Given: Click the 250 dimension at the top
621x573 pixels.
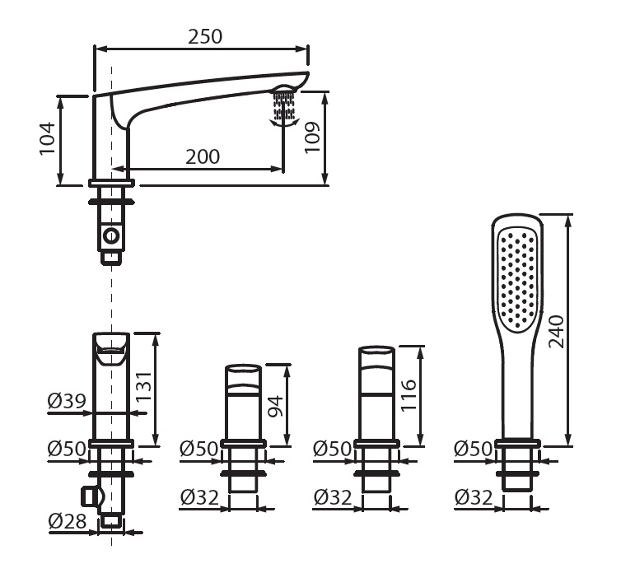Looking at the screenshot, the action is pos(205,36).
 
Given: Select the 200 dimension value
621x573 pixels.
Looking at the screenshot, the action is pos(203,156).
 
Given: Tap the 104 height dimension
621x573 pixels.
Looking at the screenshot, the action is pos(47,138).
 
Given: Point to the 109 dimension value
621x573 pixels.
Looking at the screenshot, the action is pos(312,137).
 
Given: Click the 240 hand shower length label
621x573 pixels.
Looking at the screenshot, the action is pos(556,331).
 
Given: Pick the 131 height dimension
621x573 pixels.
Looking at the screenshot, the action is pos(144,386).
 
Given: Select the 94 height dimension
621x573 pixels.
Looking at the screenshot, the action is pos(276,406).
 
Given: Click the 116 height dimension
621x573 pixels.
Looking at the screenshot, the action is pos(409,395).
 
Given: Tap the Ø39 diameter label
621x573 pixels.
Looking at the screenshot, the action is pos(67,402).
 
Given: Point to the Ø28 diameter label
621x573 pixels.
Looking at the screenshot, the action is pos(68,521).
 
